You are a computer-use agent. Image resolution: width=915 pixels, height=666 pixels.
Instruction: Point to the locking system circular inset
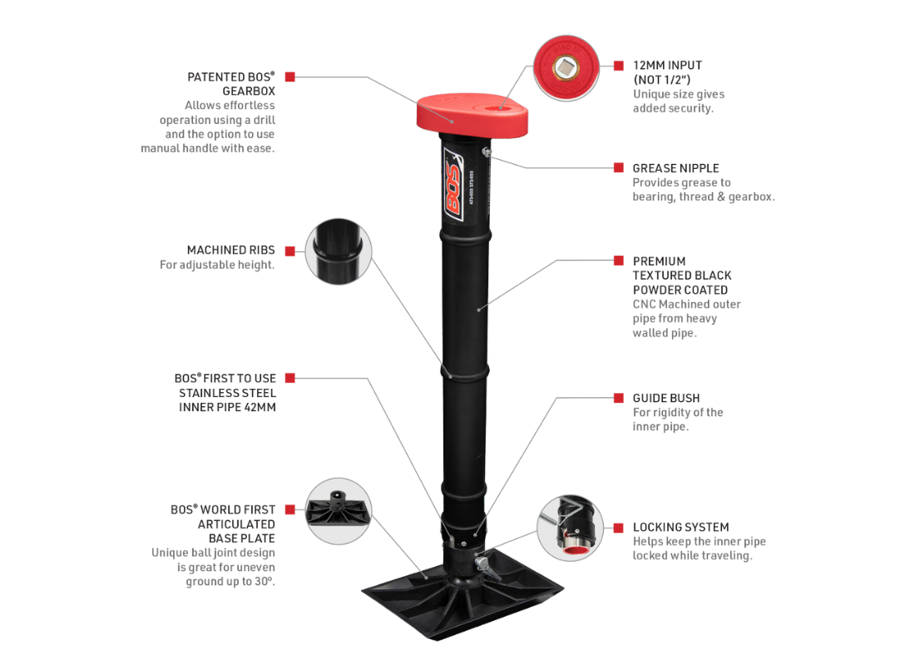570,528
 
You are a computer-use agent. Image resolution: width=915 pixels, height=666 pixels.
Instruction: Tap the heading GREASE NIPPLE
675,168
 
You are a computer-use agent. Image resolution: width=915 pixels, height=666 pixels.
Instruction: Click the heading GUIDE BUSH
666,398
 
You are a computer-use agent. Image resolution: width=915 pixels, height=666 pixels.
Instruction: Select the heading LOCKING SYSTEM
680,527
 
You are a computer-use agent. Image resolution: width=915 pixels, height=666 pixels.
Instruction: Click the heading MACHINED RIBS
230,250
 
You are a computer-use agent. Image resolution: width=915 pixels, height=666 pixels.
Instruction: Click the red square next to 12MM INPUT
618,65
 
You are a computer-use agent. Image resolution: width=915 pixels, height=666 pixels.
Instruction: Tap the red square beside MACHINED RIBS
290,251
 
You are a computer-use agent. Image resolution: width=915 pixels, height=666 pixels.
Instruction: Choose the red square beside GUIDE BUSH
618,398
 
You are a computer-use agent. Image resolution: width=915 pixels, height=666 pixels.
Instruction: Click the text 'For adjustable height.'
217,265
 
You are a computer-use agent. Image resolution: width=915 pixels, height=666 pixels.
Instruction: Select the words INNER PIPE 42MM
227,407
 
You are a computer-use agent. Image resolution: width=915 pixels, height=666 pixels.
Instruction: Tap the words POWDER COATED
680,290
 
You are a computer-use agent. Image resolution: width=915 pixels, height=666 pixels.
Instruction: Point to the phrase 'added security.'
673,108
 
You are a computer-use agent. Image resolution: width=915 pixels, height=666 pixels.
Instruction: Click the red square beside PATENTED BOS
290,77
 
